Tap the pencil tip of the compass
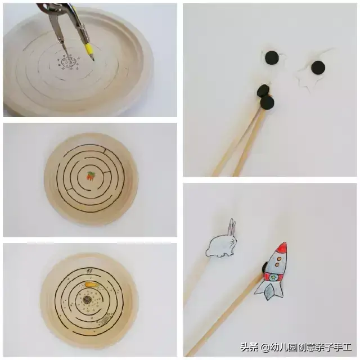pyautogui.click(x=94, y=60)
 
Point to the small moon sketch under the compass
pyautogui.click(x=69, y=62)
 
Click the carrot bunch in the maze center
pyautogui.click(x=91, y=176)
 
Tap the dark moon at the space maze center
pyautogui.click(x=87, y=299)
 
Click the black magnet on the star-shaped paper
pyautogui.click(x=318, y=67)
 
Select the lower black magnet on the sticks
pyautogui.click(x=267, y=102)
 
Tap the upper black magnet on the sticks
pyautogui.click(x=263, y=91)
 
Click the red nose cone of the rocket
pyautogui.click(x=281, y=248)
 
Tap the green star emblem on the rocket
pyautogui.click(x=273, y=277)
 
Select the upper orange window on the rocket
pyautogui.click(x=279, y=259)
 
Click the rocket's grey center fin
pyautogui.click(x=269, y=291)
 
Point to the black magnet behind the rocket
pyautogui.click(x=264, y=268)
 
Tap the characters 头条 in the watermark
pyautogui.click(x=250, y=347)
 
